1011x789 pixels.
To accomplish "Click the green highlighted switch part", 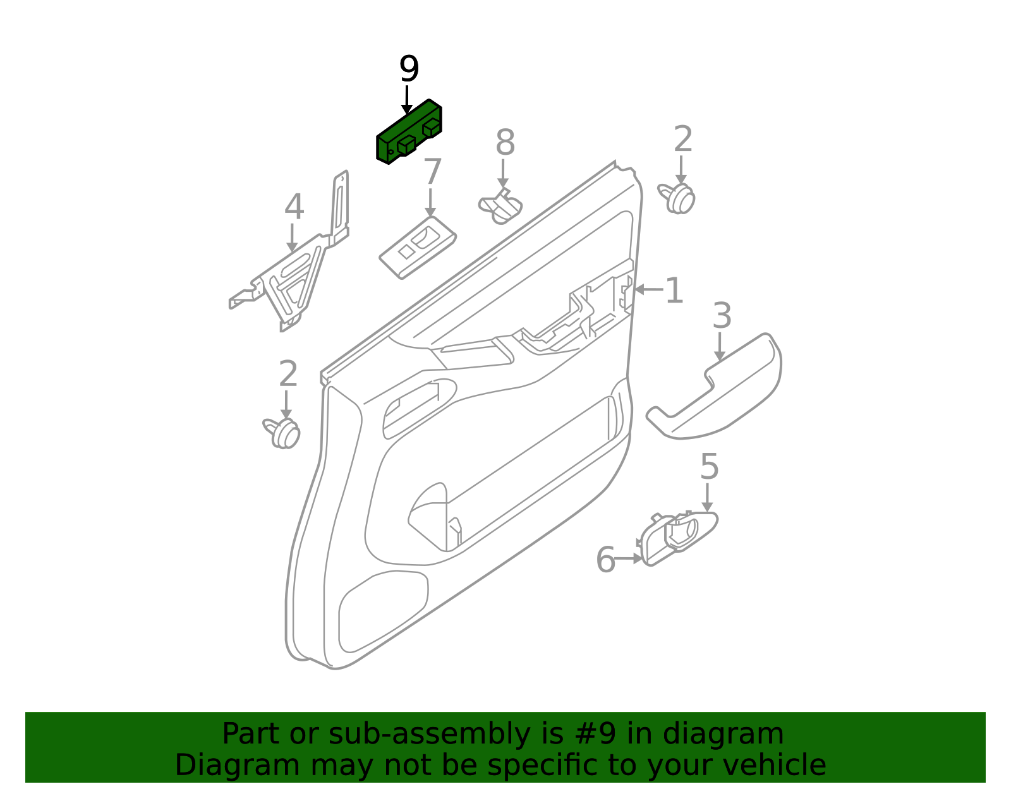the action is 408,132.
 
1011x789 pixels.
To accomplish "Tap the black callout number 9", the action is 409,69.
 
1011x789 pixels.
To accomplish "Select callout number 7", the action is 432,172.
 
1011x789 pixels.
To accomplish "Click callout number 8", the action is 505,142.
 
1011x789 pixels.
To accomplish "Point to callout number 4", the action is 294,207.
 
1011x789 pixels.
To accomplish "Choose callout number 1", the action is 675,291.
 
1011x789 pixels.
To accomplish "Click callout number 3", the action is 722,316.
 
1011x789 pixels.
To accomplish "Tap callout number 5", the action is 710,466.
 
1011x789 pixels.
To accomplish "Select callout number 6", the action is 606,560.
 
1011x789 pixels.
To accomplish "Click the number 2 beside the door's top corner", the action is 683,138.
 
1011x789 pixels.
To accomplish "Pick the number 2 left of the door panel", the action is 288,373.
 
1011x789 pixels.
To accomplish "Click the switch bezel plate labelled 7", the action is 417,248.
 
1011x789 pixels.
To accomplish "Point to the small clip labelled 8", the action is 500,206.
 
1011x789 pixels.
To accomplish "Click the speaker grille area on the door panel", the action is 382,610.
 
